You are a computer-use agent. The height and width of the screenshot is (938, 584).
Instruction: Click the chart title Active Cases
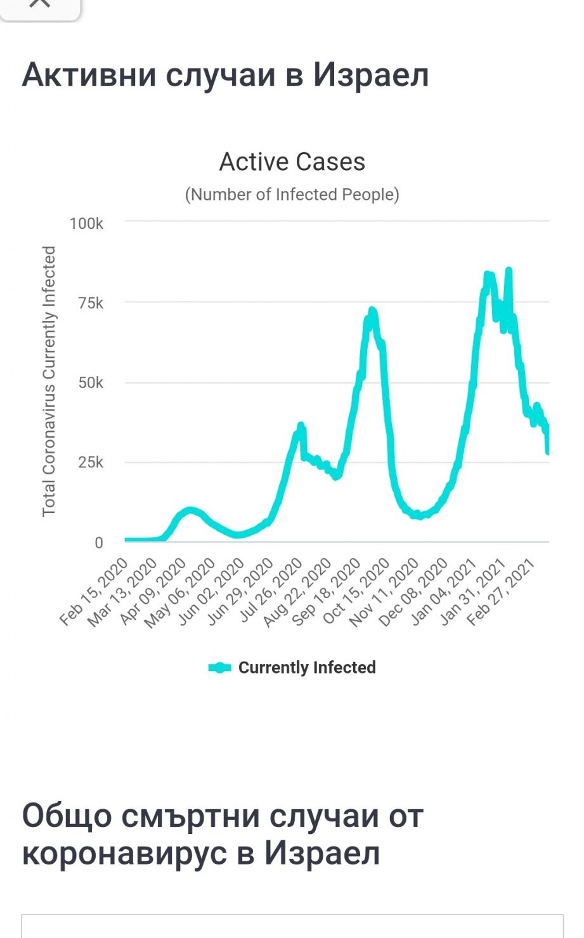[x=292, y=162]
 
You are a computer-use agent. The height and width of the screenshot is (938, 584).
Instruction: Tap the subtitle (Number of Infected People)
[x=292, y=194]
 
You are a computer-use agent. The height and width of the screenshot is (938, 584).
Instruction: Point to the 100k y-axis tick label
[x=86, y=223]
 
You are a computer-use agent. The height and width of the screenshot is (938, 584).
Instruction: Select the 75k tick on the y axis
[x=90, y=303]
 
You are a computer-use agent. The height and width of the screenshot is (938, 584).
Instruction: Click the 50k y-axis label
[x=90, y=383]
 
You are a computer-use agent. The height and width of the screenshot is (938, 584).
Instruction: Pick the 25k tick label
[x=90, y=462]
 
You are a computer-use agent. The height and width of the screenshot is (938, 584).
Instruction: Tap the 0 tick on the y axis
[x=98, y=543]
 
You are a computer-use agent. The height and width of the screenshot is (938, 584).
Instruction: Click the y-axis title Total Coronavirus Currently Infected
[x=49, y=381]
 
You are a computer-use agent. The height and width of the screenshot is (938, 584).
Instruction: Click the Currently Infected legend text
[x=307, y=668]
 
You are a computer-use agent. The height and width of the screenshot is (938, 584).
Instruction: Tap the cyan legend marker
[x=219, y=668]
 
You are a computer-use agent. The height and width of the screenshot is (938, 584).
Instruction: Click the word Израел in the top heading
[x=371, y=75]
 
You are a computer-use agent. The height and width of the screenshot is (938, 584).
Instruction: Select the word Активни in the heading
[x=89, y=75]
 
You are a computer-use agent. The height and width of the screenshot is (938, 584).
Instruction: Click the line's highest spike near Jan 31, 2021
[x=509, y=271]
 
